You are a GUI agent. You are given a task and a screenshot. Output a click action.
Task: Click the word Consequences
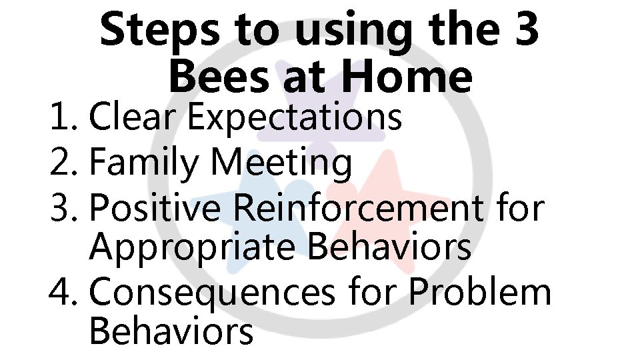click(211, 293)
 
